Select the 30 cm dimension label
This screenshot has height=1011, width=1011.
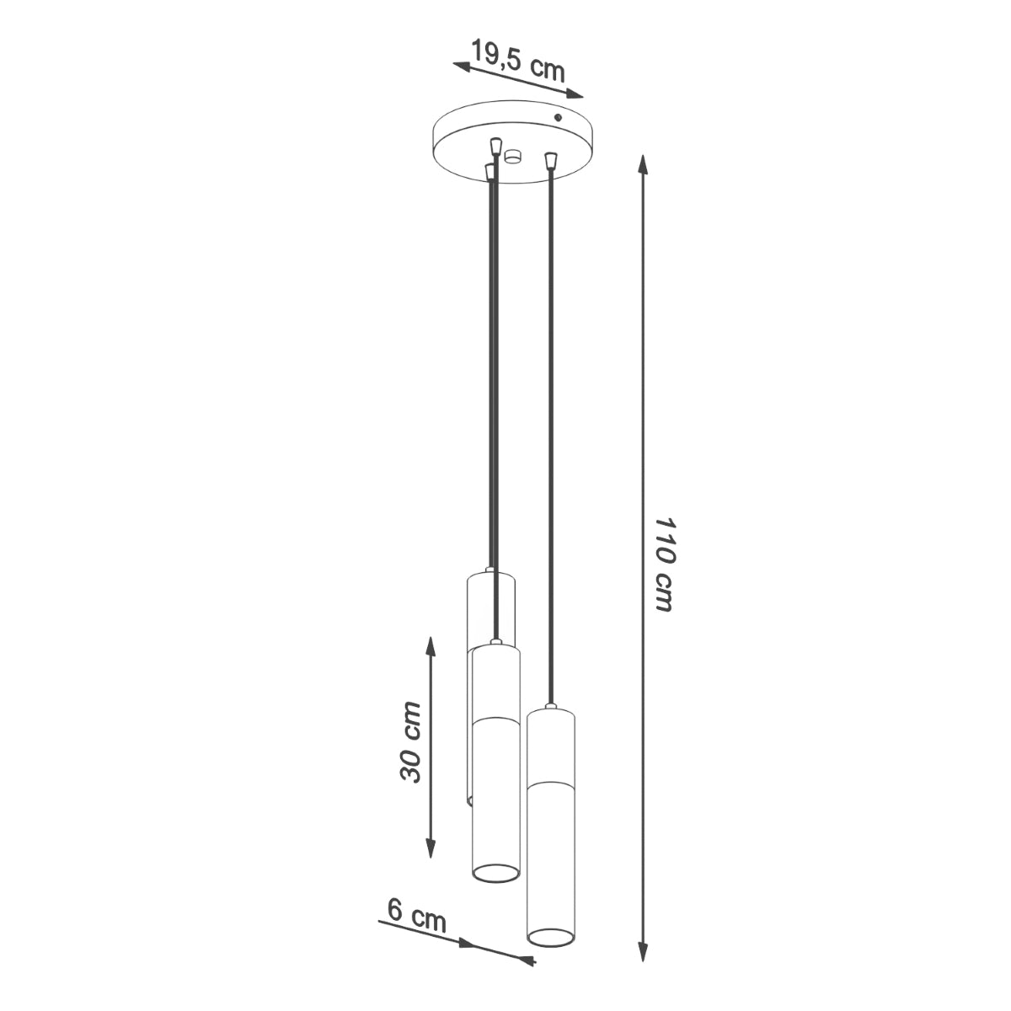[410, 741]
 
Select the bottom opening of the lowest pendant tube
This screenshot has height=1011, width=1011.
[551, 934]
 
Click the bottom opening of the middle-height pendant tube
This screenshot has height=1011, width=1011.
[495, 875]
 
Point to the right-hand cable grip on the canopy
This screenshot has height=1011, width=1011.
[551, 158]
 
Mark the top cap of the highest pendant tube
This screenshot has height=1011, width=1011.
[490, 575]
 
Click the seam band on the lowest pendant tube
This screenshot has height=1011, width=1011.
[551, 784]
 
